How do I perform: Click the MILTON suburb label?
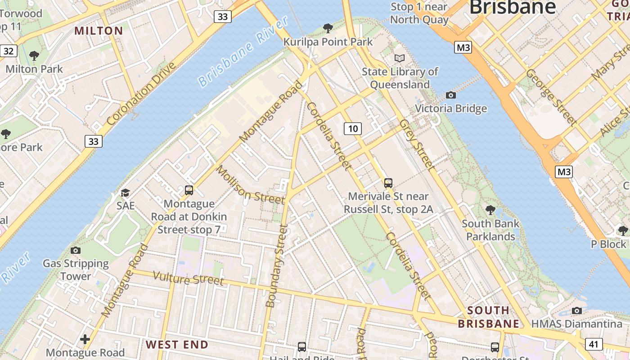pos(99,31)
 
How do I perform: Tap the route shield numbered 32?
pos(9,51)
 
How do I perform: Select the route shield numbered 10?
pos(353,129)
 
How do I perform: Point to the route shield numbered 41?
pos(594,344)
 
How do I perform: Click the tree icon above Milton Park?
pos(34,56)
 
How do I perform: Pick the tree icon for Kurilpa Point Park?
pos(328,28)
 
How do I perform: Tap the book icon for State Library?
pos(400,58)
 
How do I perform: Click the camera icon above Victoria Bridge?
pos(450,95)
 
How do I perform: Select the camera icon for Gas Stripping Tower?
pos(76,250)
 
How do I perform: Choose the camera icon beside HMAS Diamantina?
pos(576,310)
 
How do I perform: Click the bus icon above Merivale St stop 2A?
pos(388,183)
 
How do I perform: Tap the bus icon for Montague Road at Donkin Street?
pos(189,190)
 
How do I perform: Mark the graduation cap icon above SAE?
pos(125,193)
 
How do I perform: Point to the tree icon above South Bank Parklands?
pos(490,210)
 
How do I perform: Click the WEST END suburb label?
pos(177,345)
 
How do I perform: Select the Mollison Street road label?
pos(250,185)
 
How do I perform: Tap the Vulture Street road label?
pos(189,278)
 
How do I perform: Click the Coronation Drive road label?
pos(141,94)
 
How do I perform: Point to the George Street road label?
pos(551,97)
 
